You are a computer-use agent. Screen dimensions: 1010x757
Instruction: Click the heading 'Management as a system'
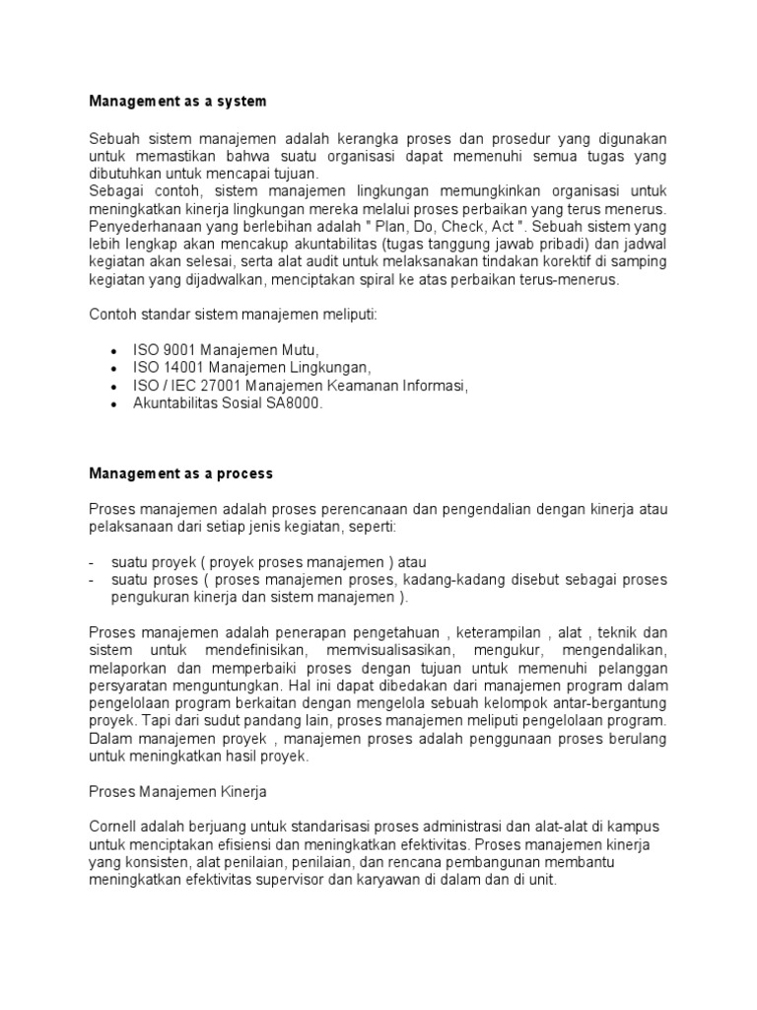pos(177,101)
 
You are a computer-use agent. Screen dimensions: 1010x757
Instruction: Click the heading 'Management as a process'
pos(180,473)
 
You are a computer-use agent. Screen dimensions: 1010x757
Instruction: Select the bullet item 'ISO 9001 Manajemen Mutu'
pos(227,349)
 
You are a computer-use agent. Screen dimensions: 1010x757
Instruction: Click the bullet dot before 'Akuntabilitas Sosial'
pos(114,404)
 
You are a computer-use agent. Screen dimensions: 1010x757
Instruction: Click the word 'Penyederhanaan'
pos(139,227)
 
